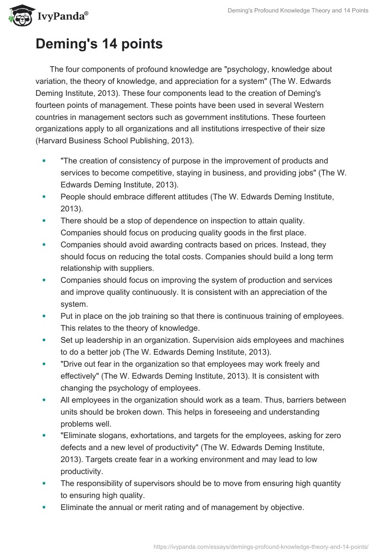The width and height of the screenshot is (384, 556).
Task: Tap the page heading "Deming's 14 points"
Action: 99,45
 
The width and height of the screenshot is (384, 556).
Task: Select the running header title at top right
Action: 298,11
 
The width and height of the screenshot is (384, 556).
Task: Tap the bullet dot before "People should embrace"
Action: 45,197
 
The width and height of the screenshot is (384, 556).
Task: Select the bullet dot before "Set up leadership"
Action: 45,340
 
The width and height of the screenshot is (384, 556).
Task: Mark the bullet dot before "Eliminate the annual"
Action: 45,507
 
